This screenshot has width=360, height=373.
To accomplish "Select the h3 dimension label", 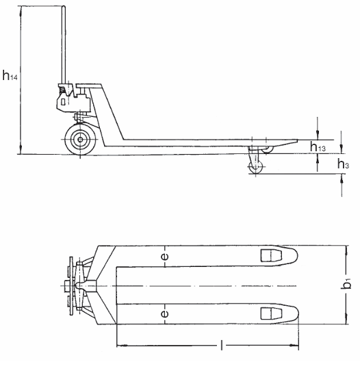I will pyautogui.click(x=344, y=164).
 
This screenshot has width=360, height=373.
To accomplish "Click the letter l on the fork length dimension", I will pyautogui.click(x=220, y=346).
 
